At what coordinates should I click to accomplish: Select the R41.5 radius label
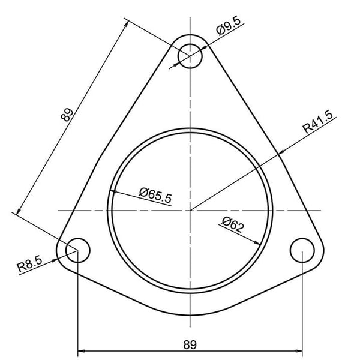318,122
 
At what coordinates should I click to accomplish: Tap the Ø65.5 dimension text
155,195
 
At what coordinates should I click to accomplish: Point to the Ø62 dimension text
232,224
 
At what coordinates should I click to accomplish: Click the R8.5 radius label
30,264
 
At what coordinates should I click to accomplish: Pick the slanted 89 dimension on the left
67,115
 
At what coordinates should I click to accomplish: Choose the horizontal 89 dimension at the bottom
190,344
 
